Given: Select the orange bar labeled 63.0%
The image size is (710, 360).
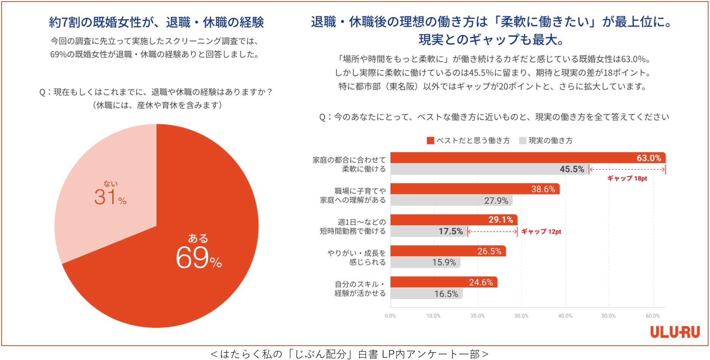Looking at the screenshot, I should tap(528, 158).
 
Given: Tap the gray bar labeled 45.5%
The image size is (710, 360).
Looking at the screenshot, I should tap(489, 169).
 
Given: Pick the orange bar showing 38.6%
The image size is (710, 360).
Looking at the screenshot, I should tap(475, 189).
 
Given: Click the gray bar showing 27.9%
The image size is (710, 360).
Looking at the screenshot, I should tap(451, 200).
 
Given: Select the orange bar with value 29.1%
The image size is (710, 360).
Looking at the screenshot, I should tap(454, 220).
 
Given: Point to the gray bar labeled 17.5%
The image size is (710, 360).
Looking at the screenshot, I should tap(428, 232).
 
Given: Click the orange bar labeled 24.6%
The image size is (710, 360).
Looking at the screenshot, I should tap(444, 282).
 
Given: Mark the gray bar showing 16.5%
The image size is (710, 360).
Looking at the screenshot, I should tap(426, 294).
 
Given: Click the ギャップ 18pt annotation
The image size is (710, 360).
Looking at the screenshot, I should tap(627, 178).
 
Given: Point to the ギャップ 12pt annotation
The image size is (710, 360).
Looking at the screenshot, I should tap(541, 232).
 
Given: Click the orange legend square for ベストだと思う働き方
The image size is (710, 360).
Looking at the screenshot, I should tap(430, 141).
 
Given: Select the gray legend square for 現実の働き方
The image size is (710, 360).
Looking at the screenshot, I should tap(523, 141).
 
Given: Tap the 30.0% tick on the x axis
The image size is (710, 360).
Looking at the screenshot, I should tap(521, 316).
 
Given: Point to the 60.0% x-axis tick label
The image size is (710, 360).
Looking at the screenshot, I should tap(652, 316).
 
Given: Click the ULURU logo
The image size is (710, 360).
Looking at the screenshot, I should tap(675, 332).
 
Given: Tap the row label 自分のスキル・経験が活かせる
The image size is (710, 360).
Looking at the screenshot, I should tap(360, 289).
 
